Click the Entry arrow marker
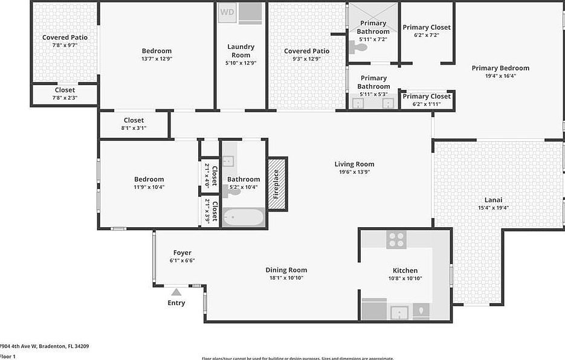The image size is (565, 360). [176, 292]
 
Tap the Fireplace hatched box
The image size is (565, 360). [277, 184]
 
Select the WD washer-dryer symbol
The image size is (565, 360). [227, 12]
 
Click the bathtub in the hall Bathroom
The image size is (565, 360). [243, 217]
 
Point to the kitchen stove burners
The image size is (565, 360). [396, 240]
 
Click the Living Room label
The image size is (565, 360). [354, 164]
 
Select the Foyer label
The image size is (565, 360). [182, 253]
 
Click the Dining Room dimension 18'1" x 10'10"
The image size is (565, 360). [286, 278]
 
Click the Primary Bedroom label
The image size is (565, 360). [500, 68]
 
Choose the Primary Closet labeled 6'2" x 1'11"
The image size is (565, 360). [427, 100]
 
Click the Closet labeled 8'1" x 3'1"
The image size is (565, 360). [134, 124]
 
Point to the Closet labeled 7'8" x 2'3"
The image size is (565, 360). [65, 94]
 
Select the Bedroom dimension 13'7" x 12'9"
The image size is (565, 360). [157, 59]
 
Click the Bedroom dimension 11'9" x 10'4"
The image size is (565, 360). [149, 187]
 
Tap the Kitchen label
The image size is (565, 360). [405, 271]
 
